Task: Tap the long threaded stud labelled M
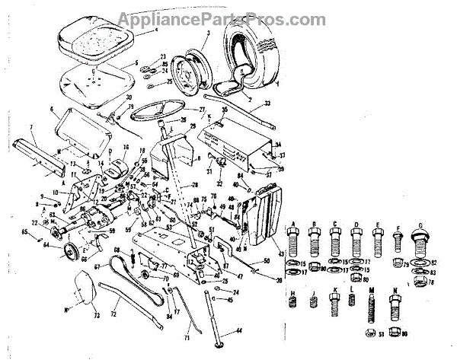(372, 311)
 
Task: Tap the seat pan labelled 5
(95, 79)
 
